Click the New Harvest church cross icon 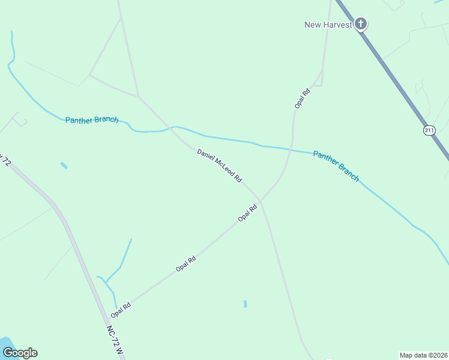pos(360,24)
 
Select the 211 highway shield pos(429,130)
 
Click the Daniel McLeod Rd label pos(219,166)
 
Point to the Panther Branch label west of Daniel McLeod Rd pos(92,120)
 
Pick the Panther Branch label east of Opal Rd pos(336,166)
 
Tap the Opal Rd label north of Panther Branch pos(302,98)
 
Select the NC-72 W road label pos(115,340)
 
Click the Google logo pos(20,353)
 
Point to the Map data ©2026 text pos(423,355)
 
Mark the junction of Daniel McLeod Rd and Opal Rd pos(261,201)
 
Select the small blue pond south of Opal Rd pos(246,304)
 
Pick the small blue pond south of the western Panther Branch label pos(64,165)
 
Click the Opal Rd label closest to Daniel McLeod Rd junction pos(247,213)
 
